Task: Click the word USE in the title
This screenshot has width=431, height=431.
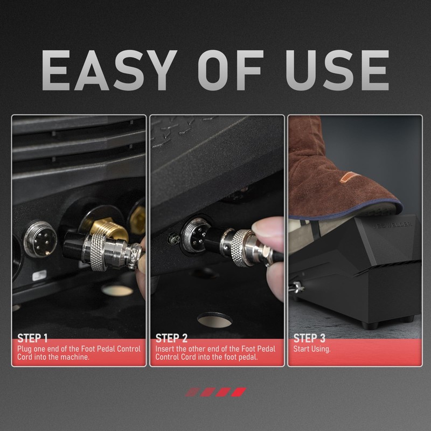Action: point(337,71)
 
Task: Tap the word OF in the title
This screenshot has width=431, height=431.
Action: point(231,71)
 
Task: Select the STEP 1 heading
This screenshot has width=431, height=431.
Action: point(32,338)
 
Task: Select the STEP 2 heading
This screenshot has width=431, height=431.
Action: point(171,338)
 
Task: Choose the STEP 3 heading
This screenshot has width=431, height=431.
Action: point(309,338)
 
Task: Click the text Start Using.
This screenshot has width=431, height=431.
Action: point(312,349)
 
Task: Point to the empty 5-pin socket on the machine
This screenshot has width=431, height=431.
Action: point(40,239)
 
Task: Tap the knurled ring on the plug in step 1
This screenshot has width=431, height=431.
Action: point(98,252)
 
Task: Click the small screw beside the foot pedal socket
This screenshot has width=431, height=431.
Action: point(173,238)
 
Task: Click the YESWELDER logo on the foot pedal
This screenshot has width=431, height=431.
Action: point(392,225)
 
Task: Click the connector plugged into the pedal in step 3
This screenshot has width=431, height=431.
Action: point(296,288)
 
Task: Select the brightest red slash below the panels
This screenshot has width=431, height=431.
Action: point(239,392)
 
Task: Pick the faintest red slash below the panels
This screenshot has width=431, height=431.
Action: point(193,392)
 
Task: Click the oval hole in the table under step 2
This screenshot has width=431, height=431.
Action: point(214,320)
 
